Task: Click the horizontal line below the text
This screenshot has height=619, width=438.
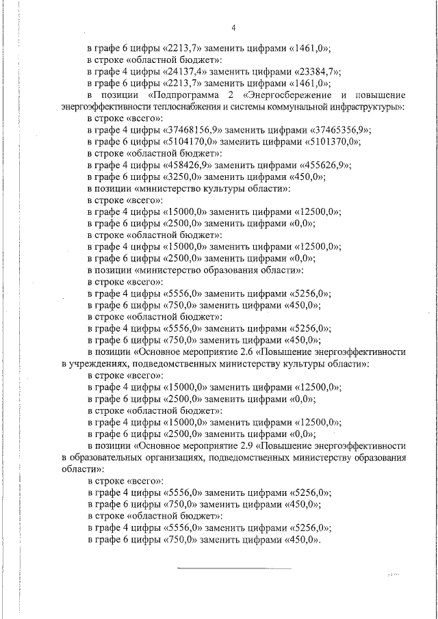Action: click(234, 568)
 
